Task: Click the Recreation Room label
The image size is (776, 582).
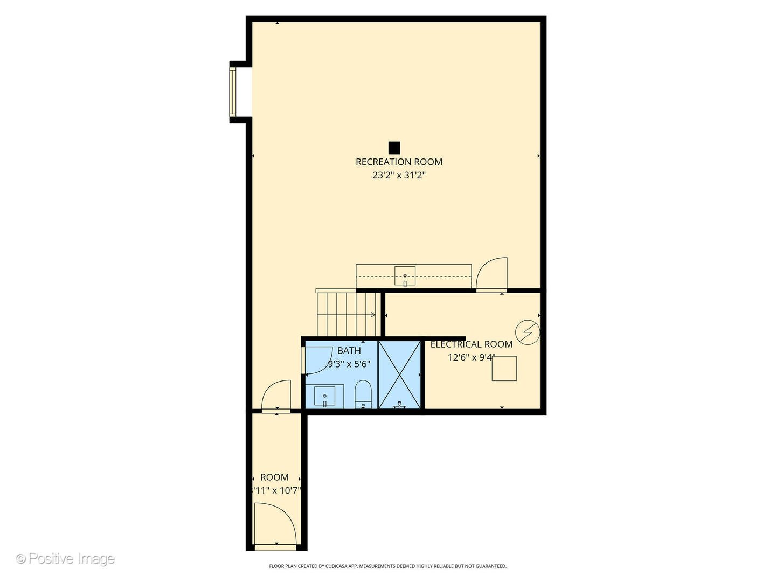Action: (x=399, y=162)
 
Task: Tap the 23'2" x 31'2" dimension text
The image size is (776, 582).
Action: (x=399, y=175)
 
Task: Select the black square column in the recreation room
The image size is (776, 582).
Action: (x=394, y=148)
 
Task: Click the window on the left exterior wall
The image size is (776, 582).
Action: (x=233, y=92)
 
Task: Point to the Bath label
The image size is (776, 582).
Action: (x=349, y=351)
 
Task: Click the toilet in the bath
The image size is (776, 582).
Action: (x=363, y=394)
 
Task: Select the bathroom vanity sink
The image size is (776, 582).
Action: (x=324, y=397)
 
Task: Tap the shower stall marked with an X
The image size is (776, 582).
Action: (x=399, y=375)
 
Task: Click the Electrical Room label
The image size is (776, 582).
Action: (x=471, y=344)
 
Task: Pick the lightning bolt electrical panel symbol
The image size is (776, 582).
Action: (x=527, y=332)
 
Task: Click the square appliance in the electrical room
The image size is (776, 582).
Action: (x=504, y=369)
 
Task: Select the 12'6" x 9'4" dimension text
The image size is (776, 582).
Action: (x=471, y=357)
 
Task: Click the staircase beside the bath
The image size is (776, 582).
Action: (x=345, y=314)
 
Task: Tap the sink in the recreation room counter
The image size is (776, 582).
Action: (x=405, y=276)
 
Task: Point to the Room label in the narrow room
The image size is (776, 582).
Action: (x=274, y=477)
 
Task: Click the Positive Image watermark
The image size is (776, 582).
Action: (x=65, y=558)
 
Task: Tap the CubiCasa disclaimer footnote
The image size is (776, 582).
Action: (x=387, y=566)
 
